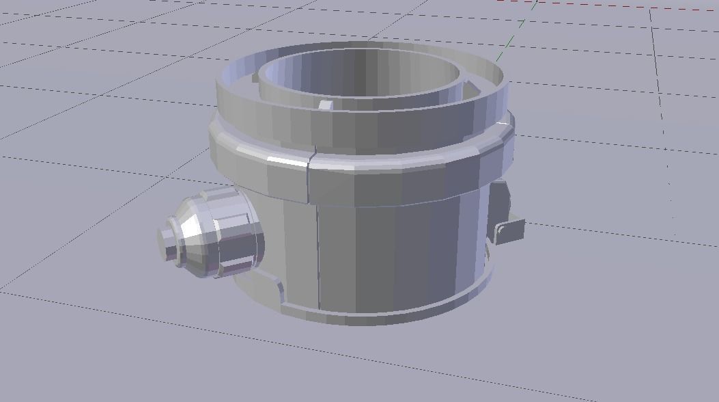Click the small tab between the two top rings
pyautogui.click(x=326, y=105)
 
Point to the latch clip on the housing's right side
pyautogui.click(x=509, y=230)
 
